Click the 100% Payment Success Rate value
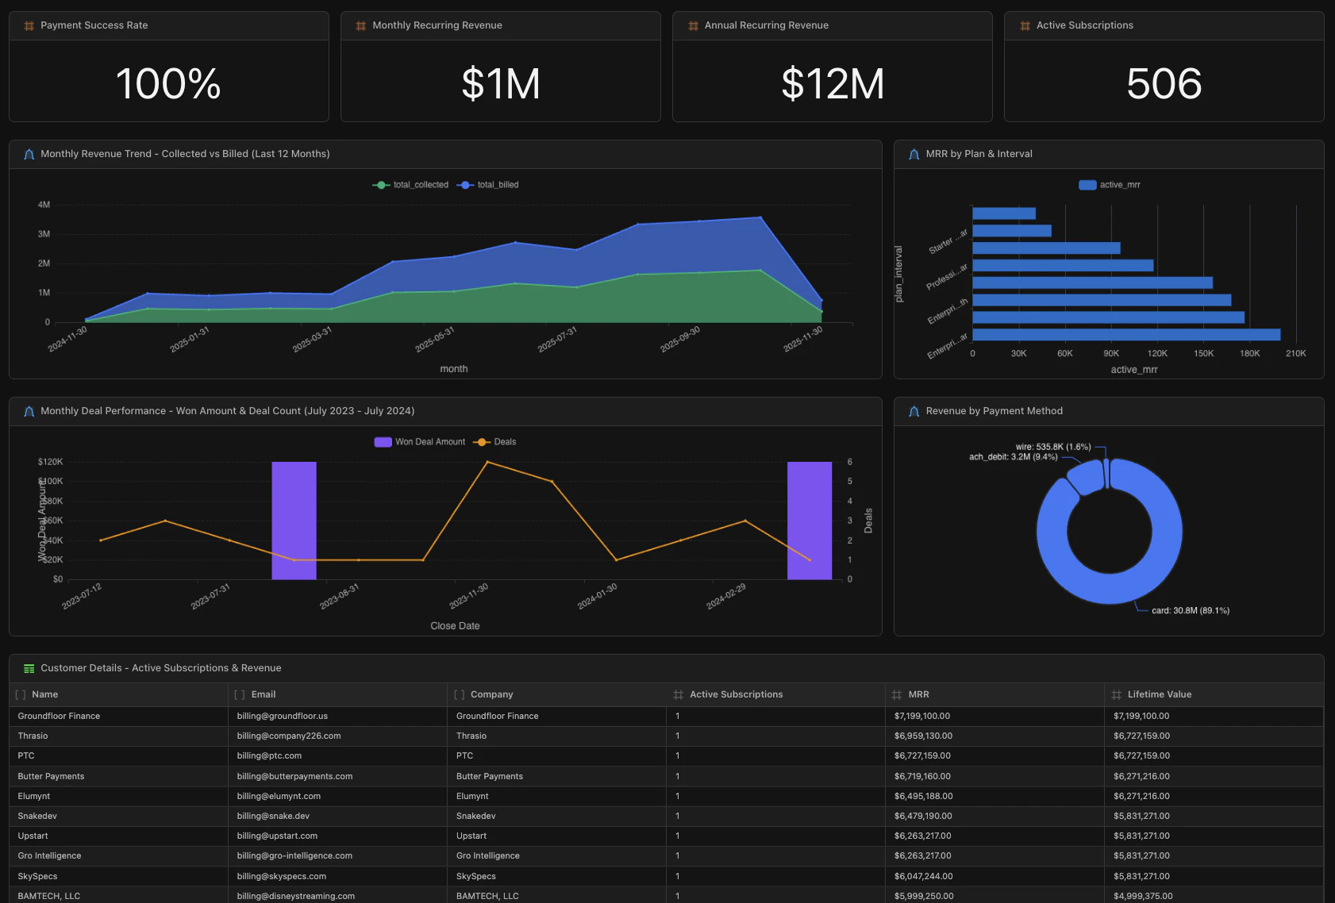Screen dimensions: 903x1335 pos(168,83)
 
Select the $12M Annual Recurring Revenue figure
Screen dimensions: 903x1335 pos(832,83)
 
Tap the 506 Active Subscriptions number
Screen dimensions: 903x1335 pos(1164,83)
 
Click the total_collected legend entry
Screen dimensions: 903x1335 pos(411,185)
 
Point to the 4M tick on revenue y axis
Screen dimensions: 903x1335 pos(44,205)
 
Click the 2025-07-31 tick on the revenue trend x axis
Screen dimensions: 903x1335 pos(558,340)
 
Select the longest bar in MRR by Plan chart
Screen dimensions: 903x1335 pos(1125,335)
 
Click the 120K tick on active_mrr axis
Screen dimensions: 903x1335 pos(1157,354)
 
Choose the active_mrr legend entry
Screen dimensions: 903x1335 pos(1110,185)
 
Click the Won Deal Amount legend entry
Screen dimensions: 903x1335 pos(421,442)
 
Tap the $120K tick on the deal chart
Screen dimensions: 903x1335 pos(50,462)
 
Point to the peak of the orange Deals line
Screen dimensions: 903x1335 pos(487,462)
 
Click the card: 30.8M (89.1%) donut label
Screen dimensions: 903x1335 pos(1190,611)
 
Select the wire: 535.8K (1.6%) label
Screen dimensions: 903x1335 pos(1052,447)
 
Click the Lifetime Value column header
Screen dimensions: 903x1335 pos(1159,694)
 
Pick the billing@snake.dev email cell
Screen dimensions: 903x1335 pos(273,816)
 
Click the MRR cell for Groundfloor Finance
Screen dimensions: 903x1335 pos(921,716)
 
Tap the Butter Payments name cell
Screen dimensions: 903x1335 pos(51,776)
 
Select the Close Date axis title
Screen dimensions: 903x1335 pos(455,626)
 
